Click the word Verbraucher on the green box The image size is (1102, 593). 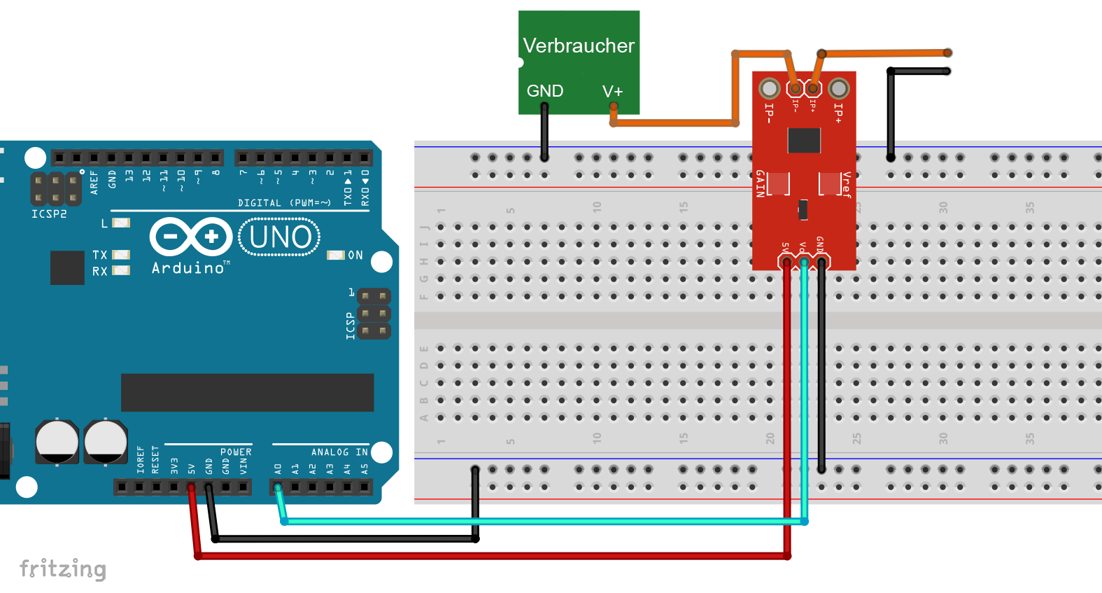[579, 46]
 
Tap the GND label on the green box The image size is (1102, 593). [544, 91]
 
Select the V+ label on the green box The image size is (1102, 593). [612, 92]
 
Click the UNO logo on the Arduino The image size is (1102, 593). [280, 237]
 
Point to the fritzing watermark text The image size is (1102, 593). [63, 568]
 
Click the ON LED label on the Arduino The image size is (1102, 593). [355, 256]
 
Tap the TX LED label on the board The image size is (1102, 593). [100, 256]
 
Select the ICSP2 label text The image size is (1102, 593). [49, 214]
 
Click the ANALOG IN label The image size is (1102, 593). [339, 452]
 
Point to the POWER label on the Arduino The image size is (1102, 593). [236, 452]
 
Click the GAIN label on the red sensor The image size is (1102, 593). [760, 183]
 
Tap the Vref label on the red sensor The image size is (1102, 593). [847, 185]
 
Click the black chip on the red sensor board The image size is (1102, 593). [804, 140]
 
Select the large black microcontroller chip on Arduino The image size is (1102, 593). [247, 392]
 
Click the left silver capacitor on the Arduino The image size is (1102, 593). [57, 442]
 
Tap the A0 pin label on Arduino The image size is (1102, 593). [278, 468]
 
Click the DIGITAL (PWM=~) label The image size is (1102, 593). [284, 203]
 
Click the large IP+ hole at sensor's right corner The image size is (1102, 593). [838, 88]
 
